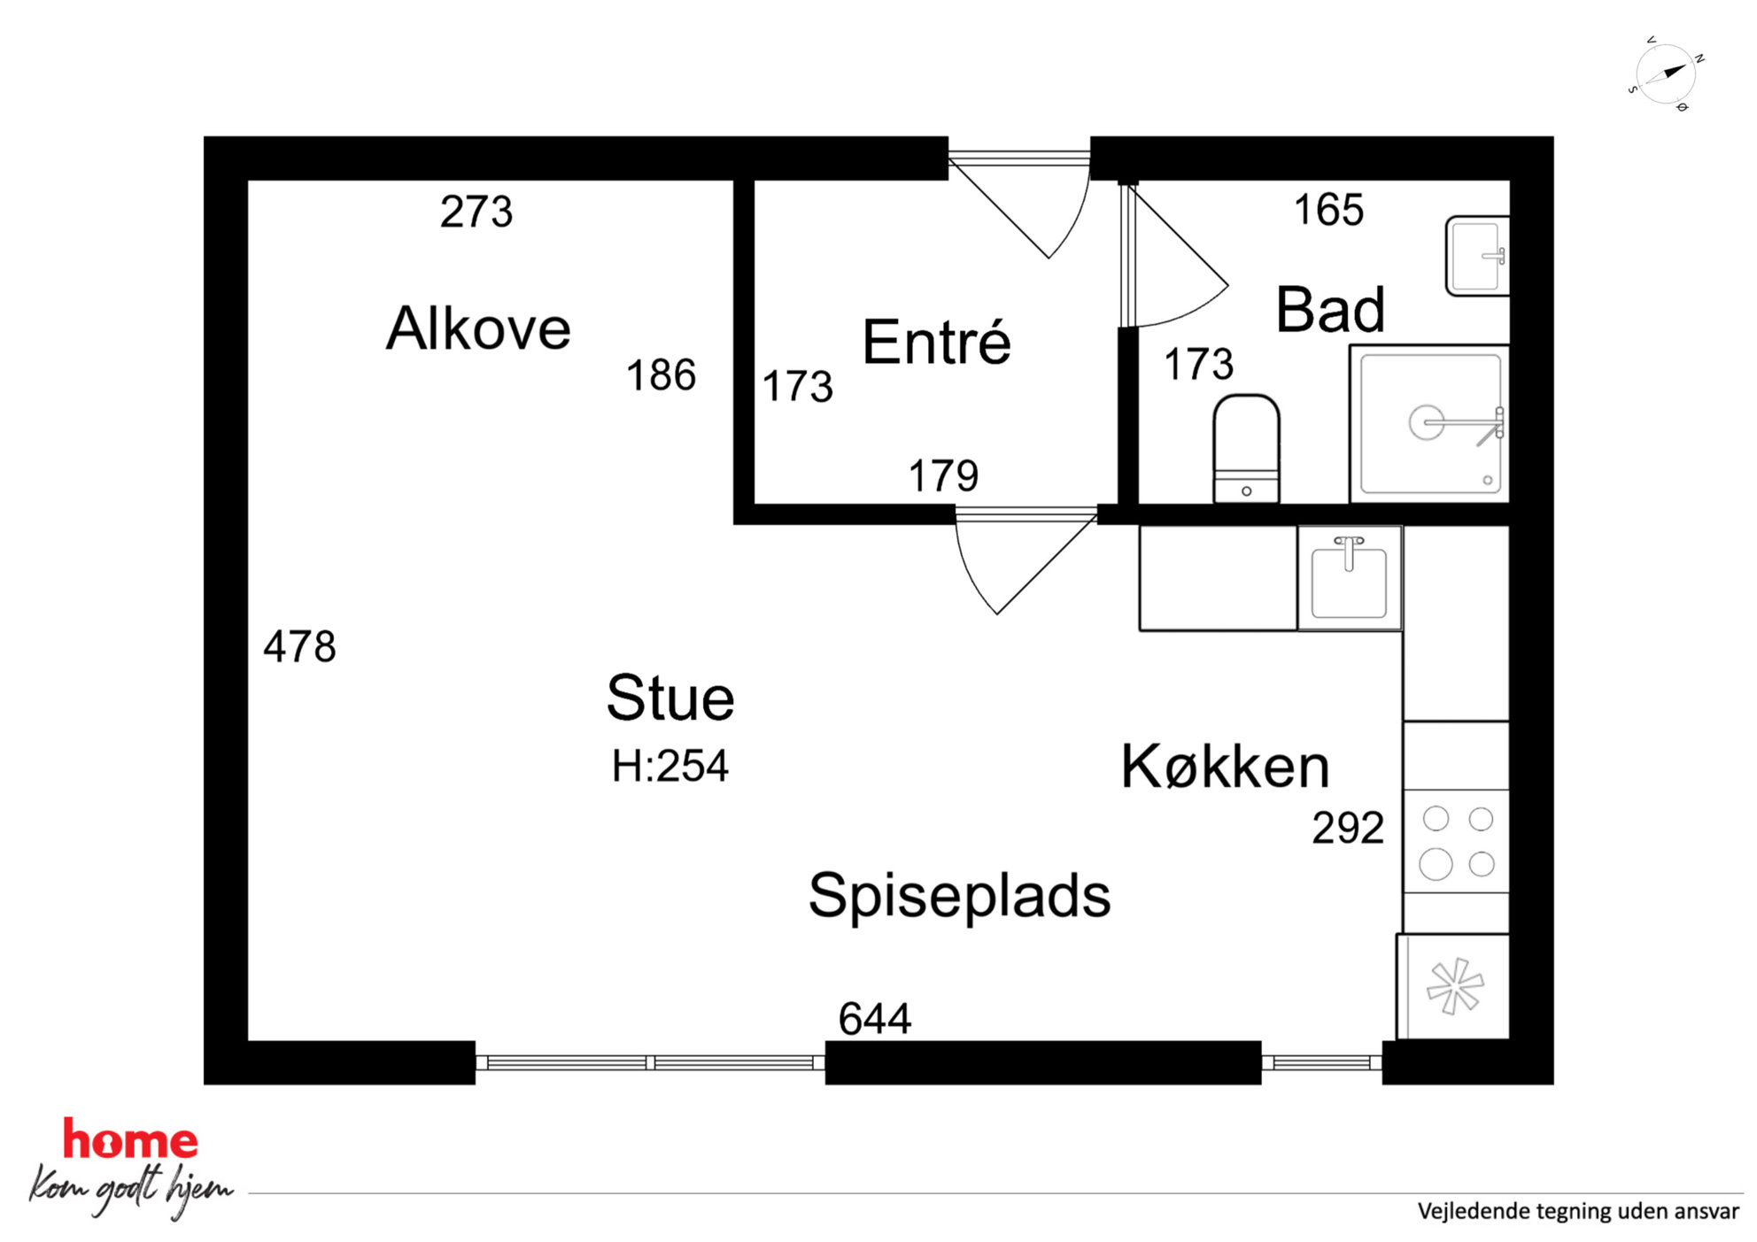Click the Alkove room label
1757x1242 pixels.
(478, 328)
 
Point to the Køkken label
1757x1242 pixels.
(1226, 766)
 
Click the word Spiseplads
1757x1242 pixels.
(959, 896)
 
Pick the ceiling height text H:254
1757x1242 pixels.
(670, 766)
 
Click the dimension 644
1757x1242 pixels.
(875, 1018)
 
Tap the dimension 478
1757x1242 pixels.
(299, 646)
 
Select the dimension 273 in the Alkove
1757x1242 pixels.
(476, 212)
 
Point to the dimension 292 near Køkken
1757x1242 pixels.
(1348, 828)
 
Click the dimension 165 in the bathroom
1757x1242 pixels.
(1328, 210)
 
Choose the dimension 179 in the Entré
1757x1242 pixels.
(943, 475)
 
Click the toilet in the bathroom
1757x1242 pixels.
(1246, 449)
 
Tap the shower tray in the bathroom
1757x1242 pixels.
(1429, 423)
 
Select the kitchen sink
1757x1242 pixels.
(1349, 578)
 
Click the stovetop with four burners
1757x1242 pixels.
(1456, 841)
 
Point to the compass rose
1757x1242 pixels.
(1665, 74)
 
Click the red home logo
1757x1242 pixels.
(130, 1139)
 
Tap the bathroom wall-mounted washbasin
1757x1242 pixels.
(1477, 256)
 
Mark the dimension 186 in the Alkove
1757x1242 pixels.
(661, 375)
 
